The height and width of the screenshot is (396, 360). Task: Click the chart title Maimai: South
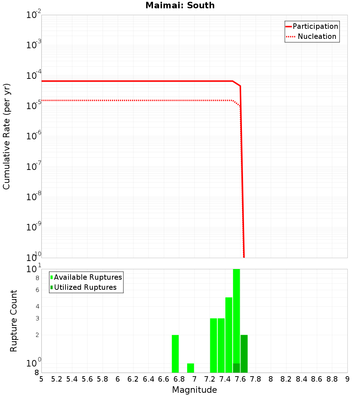[180, 5]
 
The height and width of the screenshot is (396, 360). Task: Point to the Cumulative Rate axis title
[6, 136]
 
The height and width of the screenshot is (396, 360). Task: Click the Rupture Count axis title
[14, 321]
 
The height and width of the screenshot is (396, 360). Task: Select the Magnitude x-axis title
[194, 390]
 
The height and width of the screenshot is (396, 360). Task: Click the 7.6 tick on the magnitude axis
[240, 379]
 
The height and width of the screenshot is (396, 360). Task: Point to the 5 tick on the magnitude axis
[41, 379]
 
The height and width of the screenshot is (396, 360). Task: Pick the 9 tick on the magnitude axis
[347, 379]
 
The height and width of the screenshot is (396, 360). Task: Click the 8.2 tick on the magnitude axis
[286, 379]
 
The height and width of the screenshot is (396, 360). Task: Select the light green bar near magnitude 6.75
[175, 354]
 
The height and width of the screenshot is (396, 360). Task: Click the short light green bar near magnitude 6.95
[190, 368]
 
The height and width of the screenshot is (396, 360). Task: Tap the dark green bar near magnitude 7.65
[244, 354]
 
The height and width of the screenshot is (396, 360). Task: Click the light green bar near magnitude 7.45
[229, 335]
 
